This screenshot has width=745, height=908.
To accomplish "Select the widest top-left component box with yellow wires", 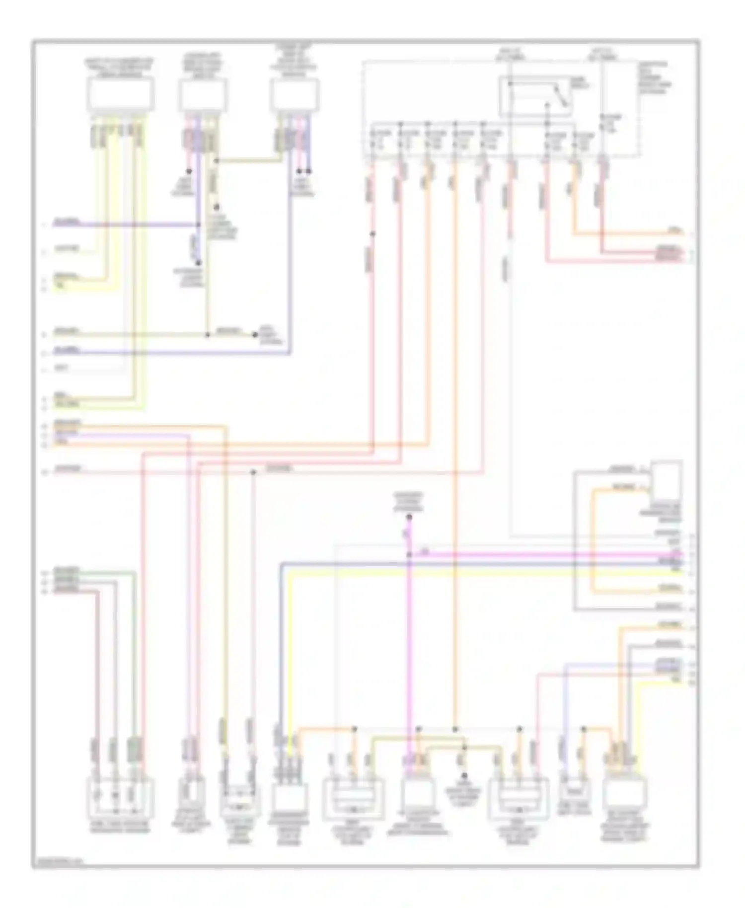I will pyautogui.click(x=120, y=94).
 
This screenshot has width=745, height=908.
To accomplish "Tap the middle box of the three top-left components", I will pyautogui.click(x=203, y=94).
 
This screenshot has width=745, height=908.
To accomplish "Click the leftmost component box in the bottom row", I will pyautogui.click(x=120, y=798).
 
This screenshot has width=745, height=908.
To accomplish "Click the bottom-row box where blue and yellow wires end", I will pyautogui.click(x=289, y=798).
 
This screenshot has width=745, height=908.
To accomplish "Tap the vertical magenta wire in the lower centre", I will pyautogui.click(x=409, y=646).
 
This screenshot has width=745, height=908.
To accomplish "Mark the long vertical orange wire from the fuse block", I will pyautogui.click(x=454, y=447).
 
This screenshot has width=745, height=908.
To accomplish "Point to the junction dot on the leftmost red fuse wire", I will pyautogui.click(x=372, y=233).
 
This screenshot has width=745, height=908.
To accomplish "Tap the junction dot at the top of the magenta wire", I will pyautogui.click(x=409, y=517).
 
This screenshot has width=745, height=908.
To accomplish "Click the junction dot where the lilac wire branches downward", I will pyautogui.click(x=253, y=472).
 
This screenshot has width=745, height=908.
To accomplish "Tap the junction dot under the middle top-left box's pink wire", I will pyautogui.click(x=189, y=171).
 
